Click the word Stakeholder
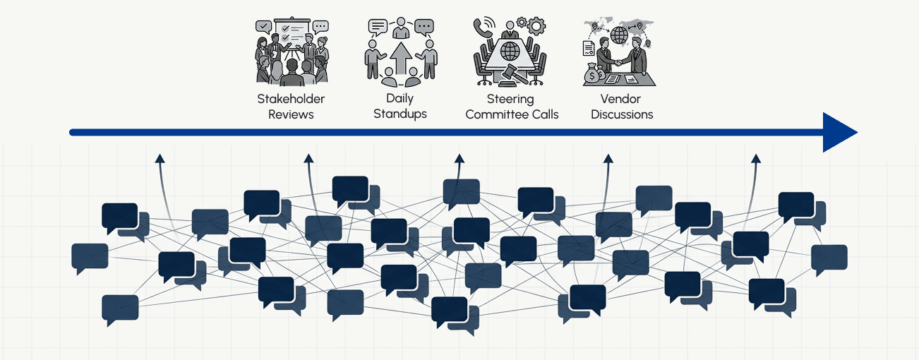tap(291, 99)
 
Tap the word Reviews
tap(291, 114)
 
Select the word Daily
tap(400, 98)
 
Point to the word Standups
tap(400, 114)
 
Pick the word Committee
tap(494, 114)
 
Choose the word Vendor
tap(621, 99)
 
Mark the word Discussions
tap(622, 114)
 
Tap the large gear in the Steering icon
tap(536, 27)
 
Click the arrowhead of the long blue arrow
tap(840, 132)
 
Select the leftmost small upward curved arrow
tap(160, 160)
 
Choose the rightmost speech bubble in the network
tap(829, 258)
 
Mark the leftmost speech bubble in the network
tap(90, 257)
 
